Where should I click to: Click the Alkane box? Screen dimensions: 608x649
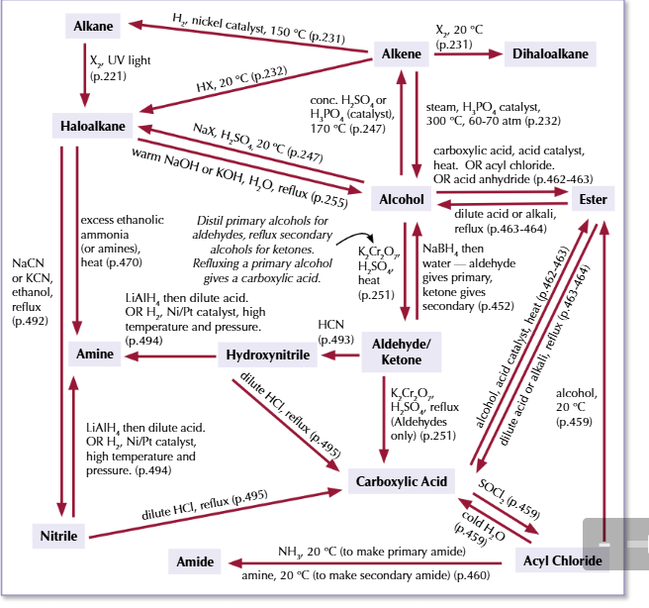[x=93, y=25]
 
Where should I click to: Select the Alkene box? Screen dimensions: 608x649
[x=402, y=54]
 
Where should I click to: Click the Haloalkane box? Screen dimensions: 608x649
[x=93, y=125]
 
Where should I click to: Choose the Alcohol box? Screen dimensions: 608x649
[x=402, y=199]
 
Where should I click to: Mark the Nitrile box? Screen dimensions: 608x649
[x=59, y=536]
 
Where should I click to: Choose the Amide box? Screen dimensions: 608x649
[x=195, y=561]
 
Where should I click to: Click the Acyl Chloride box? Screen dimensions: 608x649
[x=561, y=561]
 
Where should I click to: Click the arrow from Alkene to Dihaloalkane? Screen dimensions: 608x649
[x=464, y=55]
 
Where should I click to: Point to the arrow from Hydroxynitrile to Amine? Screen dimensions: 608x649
[x=169, y=354]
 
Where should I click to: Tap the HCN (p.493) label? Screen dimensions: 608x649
[x=336, y=332]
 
